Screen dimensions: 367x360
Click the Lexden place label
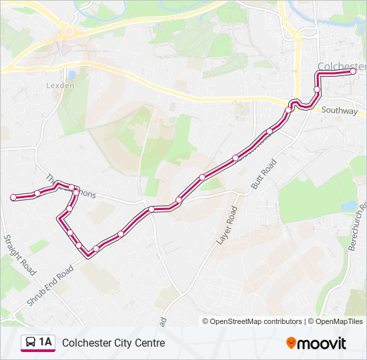61,85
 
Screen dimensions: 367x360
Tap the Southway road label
339,111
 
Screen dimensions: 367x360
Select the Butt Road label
264,175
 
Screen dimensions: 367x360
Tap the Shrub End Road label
50,287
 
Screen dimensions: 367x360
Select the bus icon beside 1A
31,343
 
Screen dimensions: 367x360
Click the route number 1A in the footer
45,343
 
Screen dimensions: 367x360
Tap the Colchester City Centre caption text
113,343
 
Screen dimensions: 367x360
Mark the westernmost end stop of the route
13,197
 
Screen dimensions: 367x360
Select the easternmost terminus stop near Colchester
353,72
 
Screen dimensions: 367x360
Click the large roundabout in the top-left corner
67,31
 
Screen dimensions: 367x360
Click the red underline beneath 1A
38,351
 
